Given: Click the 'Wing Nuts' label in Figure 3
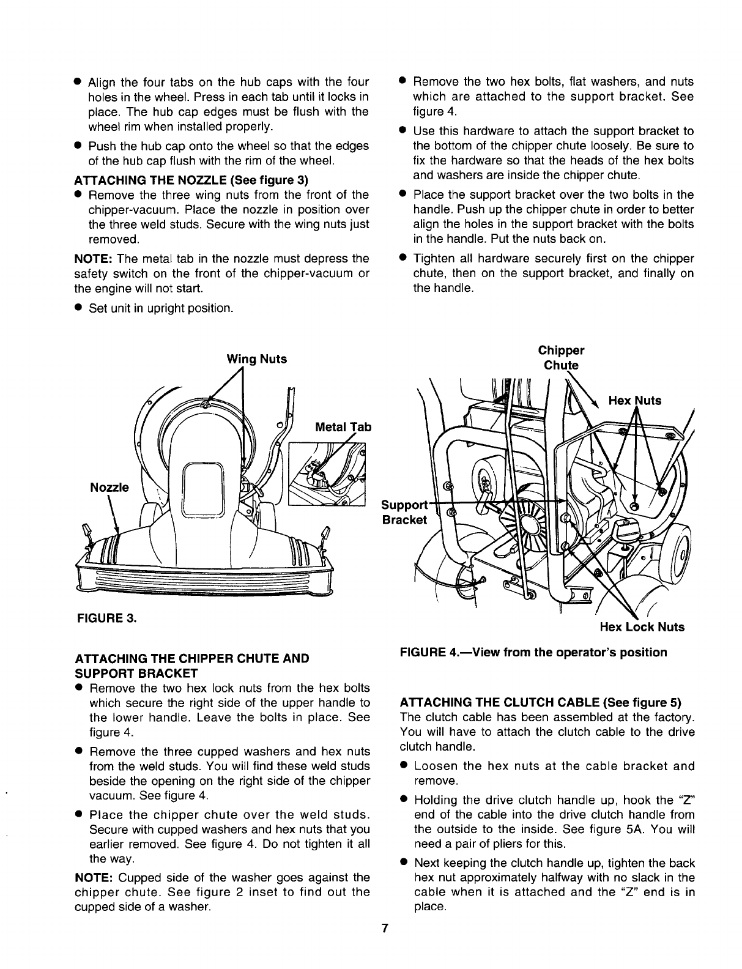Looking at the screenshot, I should (256, 359).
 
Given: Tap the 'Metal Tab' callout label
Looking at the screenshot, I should (343, 427).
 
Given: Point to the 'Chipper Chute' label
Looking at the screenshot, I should (561, 358).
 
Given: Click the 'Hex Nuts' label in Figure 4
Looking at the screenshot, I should (635, 401).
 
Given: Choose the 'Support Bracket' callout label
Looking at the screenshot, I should (404, 513).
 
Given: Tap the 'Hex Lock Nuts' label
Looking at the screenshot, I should (642, 627).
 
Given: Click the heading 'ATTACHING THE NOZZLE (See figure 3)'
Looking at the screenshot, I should (190, 180).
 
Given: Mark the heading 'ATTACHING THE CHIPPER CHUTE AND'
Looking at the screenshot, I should (191, 658).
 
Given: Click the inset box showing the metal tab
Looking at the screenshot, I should (328, 475).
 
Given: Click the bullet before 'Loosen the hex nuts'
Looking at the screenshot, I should (404, 767).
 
